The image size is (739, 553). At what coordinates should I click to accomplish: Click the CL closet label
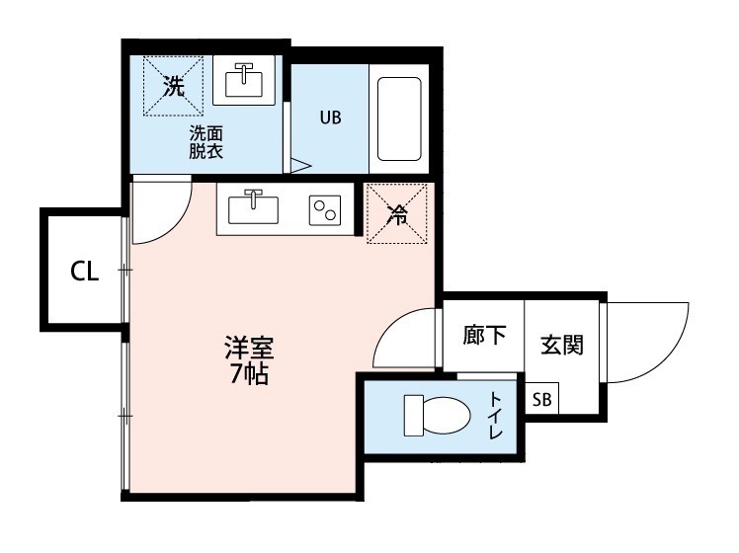[85, 272]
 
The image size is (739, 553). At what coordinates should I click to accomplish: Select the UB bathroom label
[329, 117]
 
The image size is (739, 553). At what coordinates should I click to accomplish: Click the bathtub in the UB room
[399, 118]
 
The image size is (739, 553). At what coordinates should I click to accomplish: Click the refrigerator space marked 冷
[396, 212]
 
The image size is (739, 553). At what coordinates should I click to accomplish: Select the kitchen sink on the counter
[254, 208]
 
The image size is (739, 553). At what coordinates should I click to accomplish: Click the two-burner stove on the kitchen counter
[324, 209]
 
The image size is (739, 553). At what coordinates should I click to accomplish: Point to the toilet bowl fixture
[436, 416]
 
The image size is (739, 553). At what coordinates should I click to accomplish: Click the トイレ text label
[496, 416]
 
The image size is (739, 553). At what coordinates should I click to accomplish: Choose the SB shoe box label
[542, 399]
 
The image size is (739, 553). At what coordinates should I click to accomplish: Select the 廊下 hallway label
[485, 336]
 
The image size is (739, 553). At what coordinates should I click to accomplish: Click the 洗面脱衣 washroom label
[206, 142]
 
